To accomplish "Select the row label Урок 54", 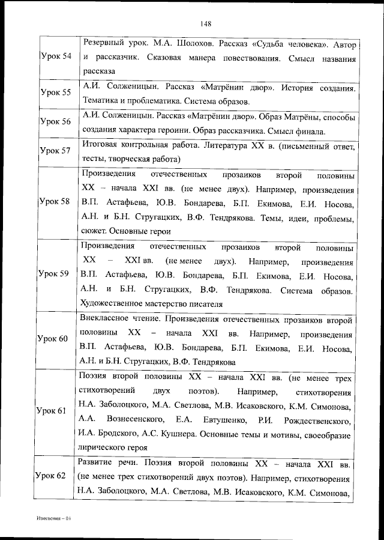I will coord(55,56).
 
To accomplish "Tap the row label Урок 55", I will coord(55,93).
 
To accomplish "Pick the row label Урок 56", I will coord(55,121).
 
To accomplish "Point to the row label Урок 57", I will coord(55,150).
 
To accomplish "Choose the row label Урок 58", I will coord(55,201).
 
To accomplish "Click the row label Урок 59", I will coord(55,274).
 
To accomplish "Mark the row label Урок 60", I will coord(55,339).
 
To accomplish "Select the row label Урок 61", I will coord(55,411).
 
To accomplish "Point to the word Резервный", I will coord(104,44).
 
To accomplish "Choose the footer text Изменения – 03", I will coord(52,517).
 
